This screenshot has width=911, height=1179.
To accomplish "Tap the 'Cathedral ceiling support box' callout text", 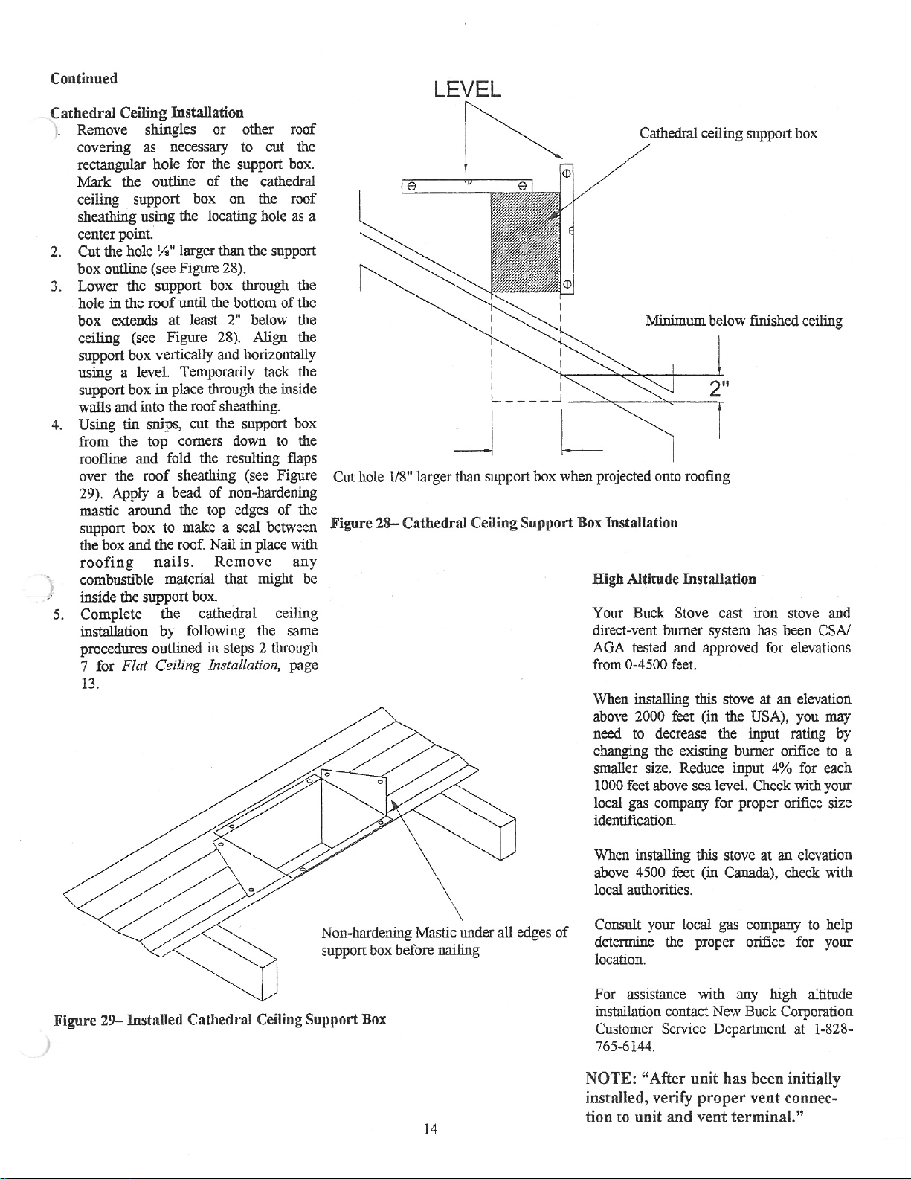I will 728,134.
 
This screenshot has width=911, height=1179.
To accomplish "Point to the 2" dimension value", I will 718,389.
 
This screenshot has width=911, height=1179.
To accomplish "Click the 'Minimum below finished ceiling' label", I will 743,321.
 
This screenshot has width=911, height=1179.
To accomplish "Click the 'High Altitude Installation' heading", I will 674,579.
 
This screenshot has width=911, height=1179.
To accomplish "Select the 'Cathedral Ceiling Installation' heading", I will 147,112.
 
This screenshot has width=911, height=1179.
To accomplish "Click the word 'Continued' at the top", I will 83,78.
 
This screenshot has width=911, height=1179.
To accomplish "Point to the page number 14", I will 430,1129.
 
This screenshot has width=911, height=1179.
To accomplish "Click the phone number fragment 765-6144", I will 625,1047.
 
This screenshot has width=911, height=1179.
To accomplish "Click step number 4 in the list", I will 56,425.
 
